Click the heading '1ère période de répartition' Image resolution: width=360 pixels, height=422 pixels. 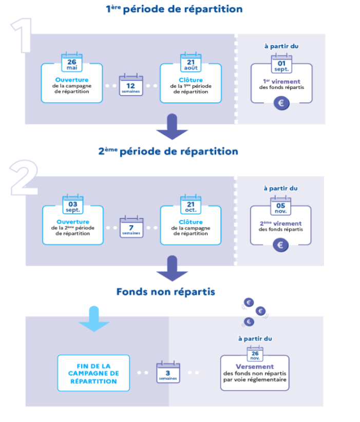[174, 9]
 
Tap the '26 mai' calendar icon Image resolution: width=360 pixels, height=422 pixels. [72, 62]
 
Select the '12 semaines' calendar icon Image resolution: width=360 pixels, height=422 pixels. [131, 84]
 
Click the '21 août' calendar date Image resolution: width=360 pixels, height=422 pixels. [191, 62]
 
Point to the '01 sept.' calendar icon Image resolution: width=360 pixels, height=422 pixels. [281, 64]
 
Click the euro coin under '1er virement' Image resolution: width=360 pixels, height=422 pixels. [281, 103]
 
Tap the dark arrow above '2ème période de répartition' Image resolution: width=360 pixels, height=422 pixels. [172, 127]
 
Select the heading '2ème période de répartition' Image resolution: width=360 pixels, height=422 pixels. [168, 152]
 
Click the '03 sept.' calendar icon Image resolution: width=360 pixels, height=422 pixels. [73, 204]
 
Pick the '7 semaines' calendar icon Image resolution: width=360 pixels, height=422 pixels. [131, 227]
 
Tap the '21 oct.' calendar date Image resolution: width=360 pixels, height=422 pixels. [191, 204]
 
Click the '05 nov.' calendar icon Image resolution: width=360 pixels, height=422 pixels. [281, 206]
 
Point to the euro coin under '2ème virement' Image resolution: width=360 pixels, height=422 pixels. [281, 245]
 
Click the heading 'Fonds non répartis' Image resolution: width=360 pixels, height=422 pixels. [166, 292]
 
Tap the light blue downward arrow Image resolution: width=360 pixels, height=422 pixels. [94, 319]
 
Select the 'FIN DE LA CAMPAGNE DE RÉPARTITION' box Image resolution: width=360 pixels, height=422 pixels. [93, 373]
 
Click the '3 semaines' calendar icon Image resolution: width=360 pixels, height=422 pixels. [168, 372]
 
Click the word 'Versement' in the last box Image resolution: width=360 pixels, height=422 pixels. [255, 366]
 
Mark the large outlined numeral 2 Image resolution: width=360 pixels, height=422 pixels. [24, 178]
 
